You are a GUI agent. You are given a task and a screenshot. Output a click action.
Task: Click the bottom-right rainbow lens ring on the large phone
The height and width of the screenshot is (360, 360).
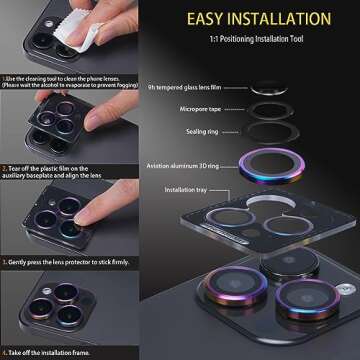[x=306, y=299]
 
